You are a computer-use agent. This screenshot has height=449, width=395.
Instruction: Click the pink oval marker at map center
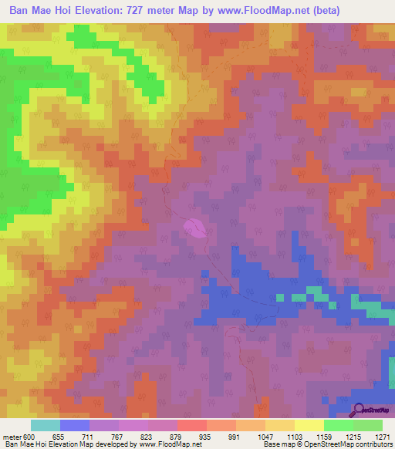click(x=194, y=228)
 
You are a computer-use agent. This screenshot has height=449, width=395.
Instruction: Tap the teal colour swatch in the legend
click(x=46, y=425)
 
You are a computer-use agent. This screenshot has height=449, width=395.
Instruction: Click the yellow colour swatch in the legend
click(x=309, y=425)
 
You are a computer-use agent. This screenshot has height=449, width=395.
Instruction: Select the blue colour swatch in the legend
click(x=75, y=425)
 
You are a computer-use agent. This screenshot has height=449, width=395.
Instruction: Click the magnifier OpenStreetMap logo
click(x=358, y=409)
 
